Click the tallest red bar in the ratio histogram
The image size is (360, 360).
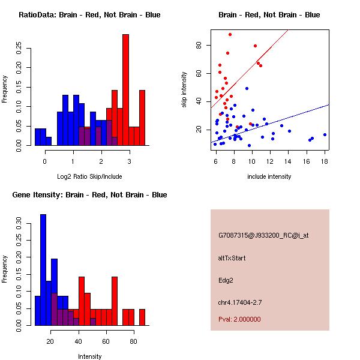(x=125, y=90)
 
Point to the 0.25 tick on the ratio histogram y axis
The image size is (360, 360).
(x=19, y=50)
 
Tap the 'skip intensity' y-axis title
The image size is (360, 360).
(x=185, y=89)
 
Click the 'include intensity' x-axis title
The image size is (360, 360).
(x=269, y=176)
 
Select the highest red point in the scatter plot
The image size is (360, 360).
(x=230, y=35)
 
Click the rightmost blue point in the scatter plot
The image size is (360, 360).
(x=325, y=135)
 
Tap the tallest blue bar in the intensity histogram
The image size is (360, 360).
(x=43, y=270)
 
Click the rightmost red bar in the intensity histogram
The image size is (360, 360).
(x=142, y=317)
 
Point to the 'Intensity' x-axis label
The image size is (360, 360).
(x=90, y=356)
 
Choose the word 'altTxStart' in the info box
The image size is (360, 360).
(x=232, y=258)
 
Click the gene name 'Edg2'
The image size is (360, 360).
(x=225, y=280)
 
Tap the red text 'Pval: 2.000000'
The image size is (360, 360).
(x=239, y=319)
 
